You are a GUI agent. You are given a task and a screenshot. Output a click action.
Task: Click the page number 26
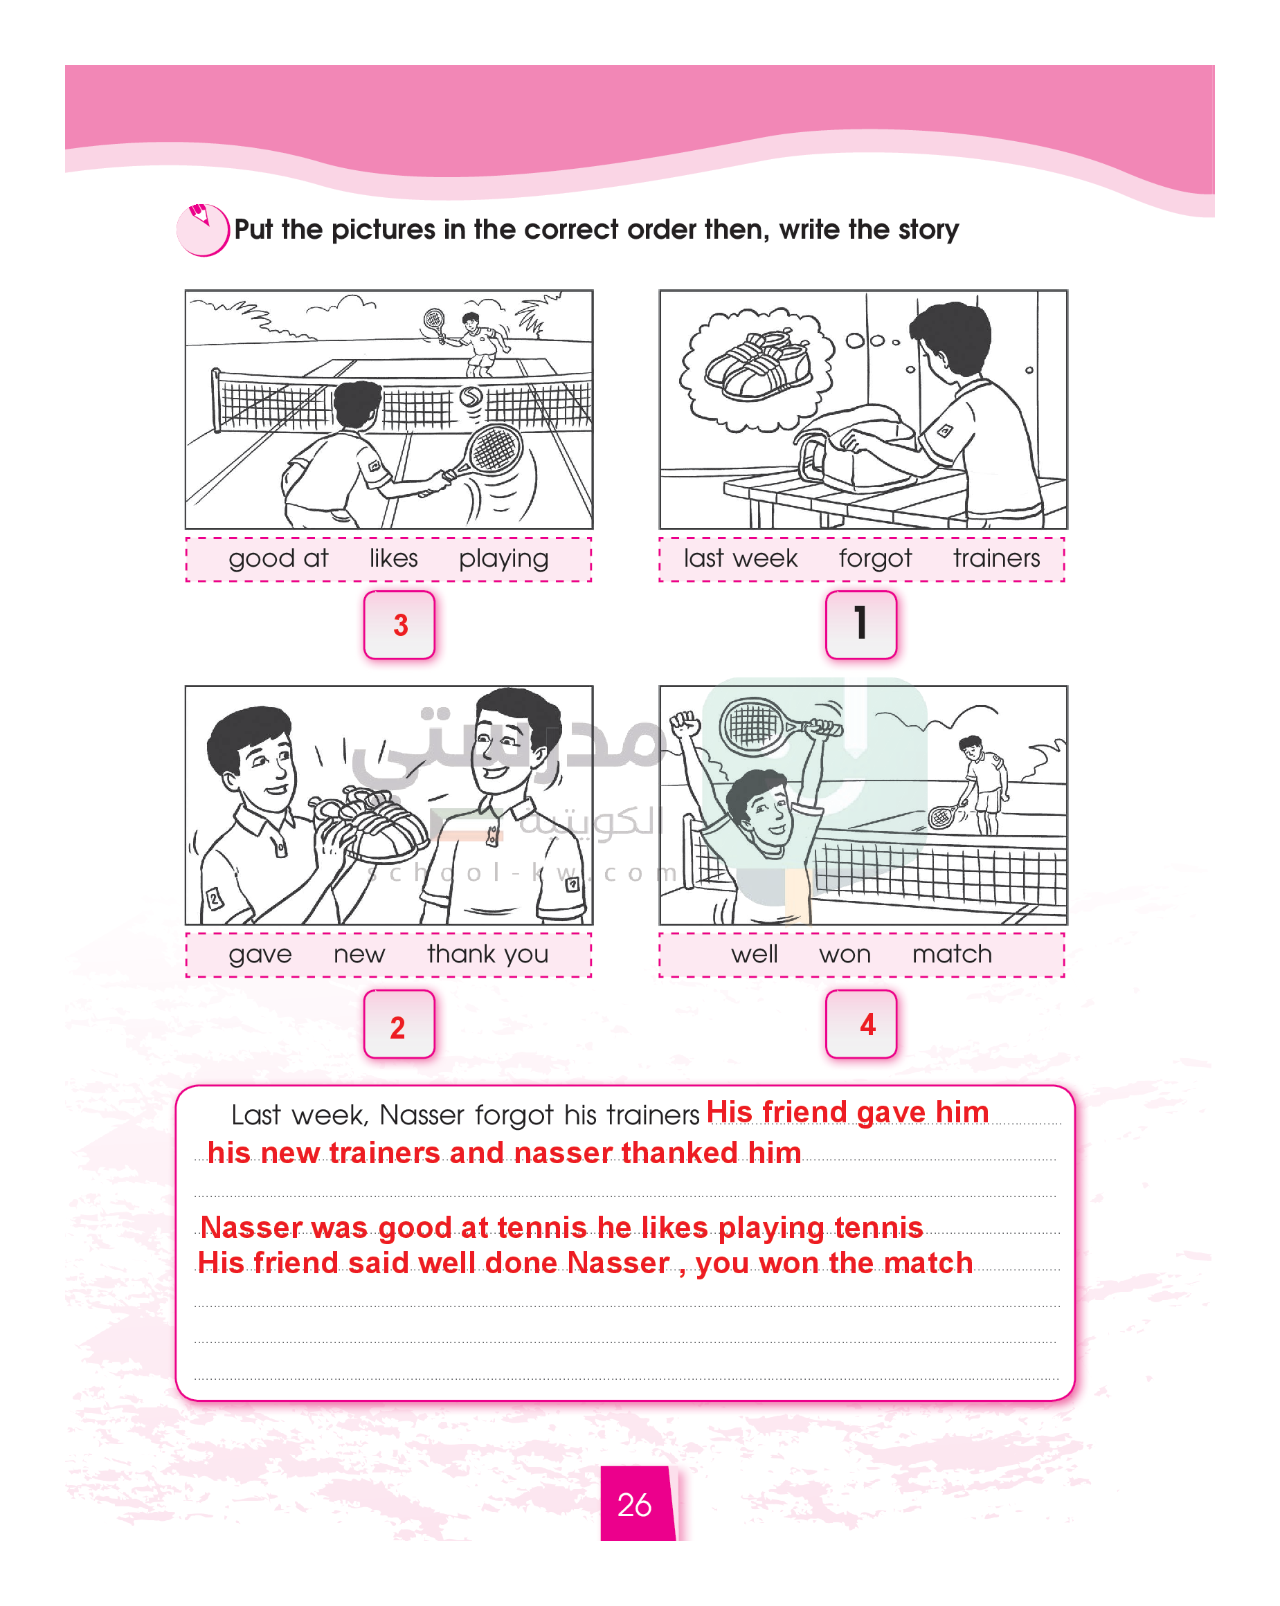[x=634, y=1504]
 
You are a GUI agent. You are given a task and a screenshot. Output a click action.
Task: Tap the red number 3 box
[x=399, y=624]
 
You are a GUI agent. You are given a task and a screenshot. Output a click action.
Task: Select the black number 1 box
[x=860, y=624]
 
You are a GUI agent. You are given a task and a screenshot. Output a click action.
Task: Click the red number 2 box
[x=399, y=1023]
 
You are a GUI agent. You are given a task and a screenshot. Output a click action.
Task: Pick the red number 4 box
[x=860, y=1023]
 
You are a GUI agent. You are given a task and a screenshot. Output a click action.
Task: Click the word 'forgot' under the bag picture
[x=875, y=558]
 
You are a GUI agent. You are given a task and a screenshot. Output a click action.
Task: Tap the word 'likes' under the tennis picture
[x=393, y=558]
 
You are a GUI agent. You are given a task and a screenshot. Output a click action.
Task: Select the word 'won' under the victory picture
[x=845, y=954]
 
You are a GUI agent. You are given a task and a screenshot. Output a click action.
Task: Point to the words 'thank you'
[x=488, y=954]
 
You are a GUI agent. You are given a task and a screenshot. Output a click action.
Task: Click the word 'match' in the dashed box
[x=952, y=953]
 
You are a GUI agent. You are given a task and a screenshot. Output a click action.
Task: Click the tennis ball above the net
[x=470, y=397]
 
